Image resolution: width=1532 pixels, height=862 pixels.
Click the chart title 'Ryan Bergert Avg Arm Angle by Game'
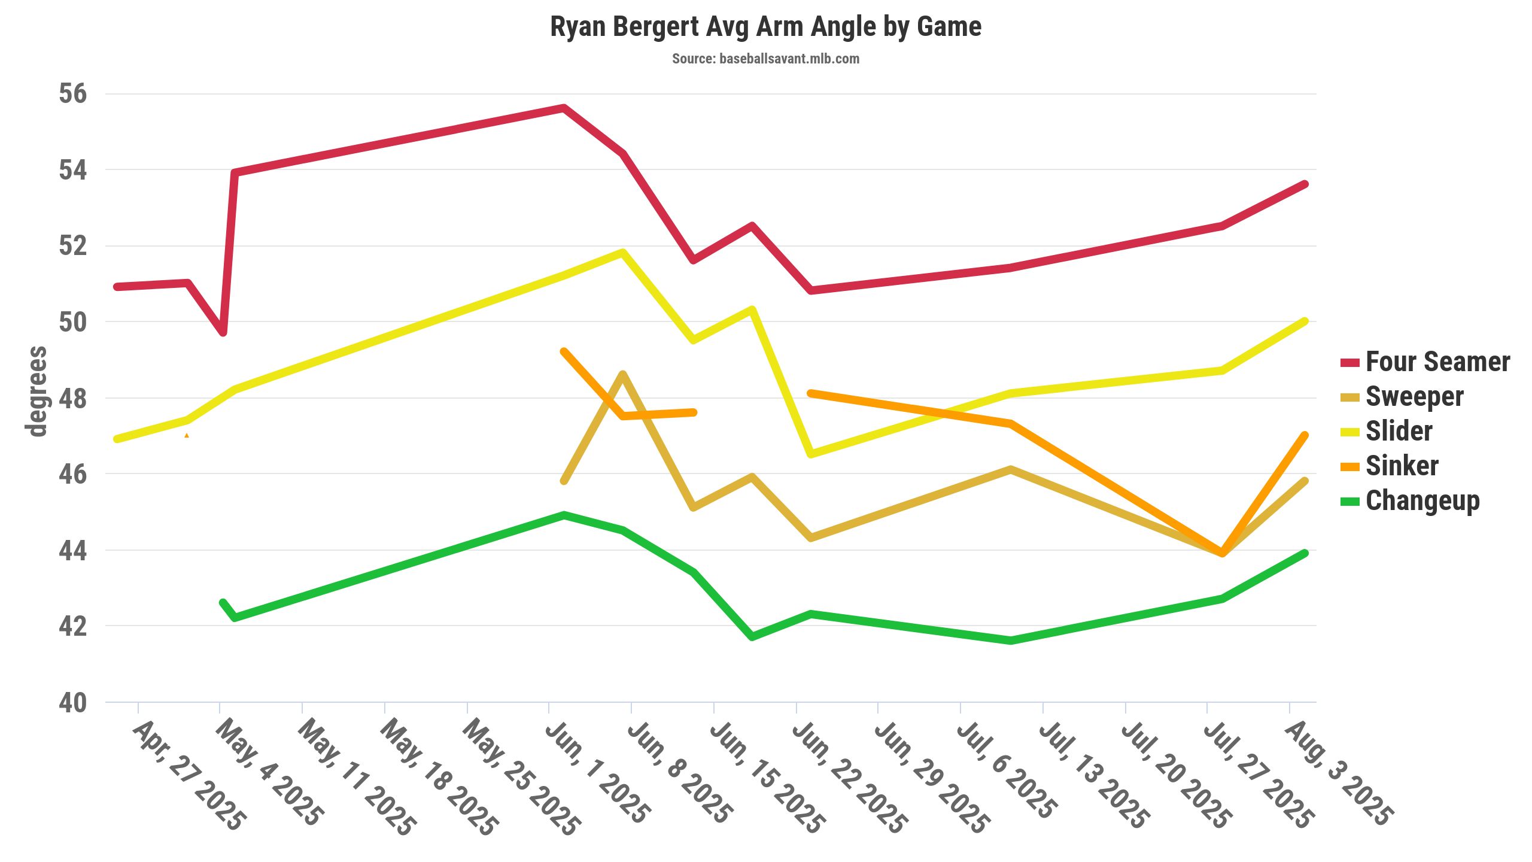pos(765,27)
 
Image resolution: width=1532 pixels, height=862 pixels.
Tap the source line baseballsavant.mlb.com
pos(765,59)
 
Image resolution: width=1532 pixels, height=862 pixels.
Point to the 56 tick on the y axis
pos(72,94)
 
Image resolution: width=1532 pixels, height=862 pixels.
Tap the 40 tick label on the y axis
pos(72,703)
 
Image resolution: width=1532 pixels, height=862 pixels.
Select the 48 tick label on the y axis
pos(72,399)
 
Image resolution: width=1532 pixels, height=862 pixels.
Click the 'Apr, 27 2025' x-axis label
pos(189,775)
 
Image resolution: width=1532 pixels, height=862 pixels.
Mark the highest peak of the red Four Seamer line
pos(564,108)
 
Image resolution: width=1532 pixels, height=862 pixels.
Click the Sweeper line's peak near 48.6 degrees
pos(623,375)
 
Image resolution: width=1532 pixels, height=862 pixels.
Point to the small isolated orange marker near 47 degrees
pos(187,435)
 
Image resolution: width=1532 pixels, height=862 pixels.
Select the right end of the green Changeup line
pos(1305,553)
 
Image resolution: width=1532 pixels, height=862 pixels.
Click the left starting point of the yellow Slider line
pos(117,439)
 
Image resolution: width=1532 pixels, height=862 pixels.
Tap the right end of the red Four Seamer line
pos(1305,184)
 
